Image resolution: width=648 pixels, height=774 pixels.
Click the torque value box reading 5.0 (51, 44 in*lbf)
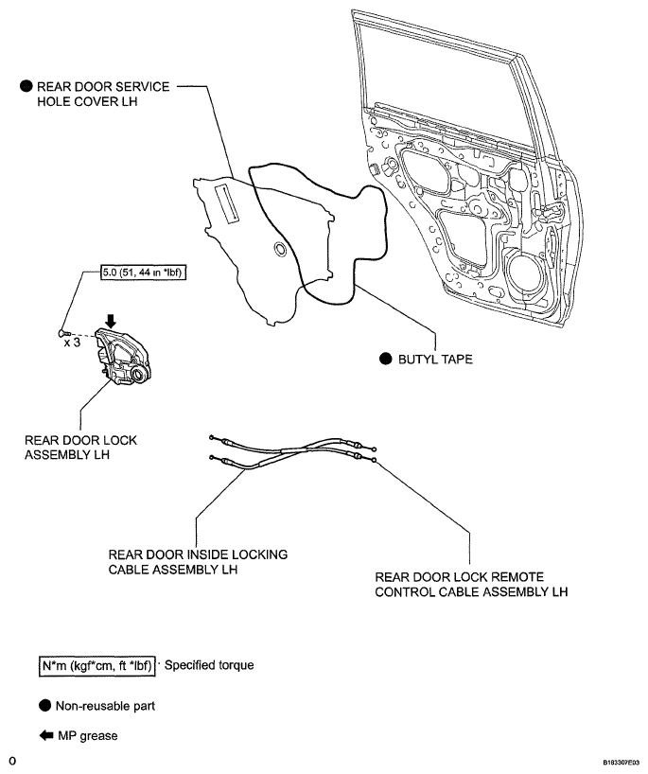pos(144,272)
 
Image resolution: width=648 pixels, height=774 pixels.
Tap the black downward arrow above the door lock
pos(111,321)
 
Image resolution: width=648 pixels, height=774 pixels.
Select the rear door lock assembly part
pos(122,357)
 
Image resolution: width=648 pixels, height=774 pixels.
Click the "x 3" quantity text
pos(72,343)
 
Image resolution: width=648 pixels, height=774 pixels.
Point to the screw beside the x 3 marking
pos(64,333)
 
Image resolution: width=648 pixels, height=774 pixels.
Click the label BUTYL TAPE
pos(435,359)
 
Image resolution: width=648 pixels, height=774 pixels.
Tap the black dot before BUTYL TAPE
pos(385,359)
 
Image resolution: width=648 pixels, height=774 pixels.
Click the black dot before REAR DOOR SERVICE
pos(26,86)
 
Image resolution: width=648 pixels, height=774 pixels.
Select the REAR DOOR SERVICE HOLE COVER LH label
pos(103,94)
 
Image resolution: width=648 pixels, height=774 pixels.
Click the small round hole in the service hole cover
pos(280,249)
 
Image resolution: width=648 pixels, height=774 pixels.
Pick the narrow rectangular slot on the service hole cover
pos(228,202)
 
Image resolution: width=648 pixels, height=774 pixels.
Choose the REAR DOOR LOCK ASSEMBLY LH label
pos(80,448)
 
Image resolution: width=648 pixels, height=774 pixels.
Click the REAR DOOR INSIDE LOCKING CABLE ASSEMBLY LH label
pos(198,562)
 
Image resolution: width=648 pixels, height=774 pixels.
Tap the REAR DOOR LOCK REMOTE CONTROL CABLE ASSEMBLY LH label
pos(471,585)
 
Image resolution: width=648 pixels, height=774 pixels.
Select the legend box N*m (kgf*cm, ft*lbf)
pos(96,666)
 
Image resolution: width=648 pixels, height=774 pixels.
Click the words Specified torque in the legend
pos(209,665)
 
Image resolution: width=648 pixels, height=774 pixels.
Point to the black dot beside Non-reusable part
pos(44,706)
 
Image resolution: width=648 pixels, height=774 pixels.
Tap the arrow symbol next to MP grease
pos(46,735)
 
